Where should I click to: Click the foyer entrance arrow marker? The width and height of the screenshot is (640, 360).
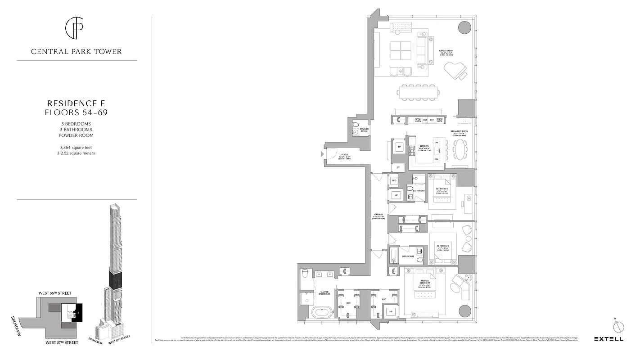click(321, 154)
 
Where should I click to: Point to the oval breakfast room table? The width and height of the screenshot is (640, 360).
click(460, 149)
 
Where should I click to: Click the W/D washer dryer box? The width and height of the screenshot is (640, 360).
click(394, 180)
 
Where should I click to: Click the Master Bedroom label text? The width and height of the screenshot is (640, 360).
click(424, 282)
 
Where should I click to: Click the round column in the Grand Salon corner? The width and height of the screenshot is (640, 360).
click(464, 27)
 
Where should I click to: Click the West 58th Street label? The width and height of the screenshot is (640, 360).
click(55, 293)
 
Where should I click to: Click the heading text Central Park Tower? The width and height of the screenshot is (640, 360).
click(77, 52)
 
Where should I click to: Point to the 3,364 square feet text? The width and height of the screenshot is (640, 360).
click(77, 147)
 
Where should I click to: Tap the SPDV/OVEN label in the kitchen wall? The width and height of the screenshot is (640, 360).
click(418, 120)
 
